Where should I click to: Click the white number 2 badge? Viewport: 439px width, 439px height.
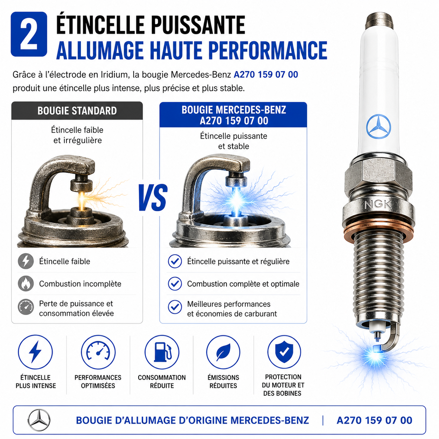pyautogui.click(x=29, y=34)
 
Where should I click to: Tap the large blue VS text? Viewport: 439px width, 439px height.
pyautogui.click(x=153, y=197)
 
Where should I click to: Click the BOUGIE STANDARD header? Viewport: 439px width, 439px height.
pyautogui.click(x=77, y=111)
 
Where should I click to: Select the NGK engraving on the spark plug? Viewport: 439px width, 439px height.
pyautogui.click(x=378, y=204)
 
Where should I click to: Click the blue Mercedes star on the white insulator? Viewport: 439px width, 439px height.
pyautogui.click(x=378, y=126)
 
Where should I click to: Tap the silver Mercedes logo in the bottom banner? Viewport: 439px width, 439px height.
pyautogui.click(x=39, y=420)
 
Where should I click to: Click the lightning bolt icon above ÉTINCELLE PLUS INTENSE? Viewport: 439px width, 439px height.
pyautogui.click(x=35, y=352)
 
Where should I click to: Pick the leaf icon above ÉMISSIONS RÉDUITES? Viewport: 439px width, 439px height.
pyautogui.click(x=223, y=352)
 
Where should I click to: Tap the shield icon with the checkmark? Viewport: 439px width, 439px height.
pyautogui.click(x=284, y=352)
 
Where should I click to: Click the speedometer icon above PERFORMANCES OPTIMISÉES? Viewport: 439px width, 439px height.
pyautogui.click(x=98, y=352)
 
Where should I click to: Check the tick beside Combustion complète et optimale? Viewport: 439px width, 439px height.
pyautogui.click(x=175, y=284)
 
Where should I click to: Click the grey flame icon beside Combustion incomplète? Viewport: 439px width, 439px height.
pyautogui.click(x=26, y=284)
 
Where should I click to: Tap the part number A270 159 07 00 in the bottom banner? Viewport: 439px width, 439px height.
pyautogui.click(x=374, y=420)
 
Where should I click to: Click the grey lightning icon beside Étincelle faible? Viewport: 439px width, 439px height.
pyautogui.click(x=26, y=261)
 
